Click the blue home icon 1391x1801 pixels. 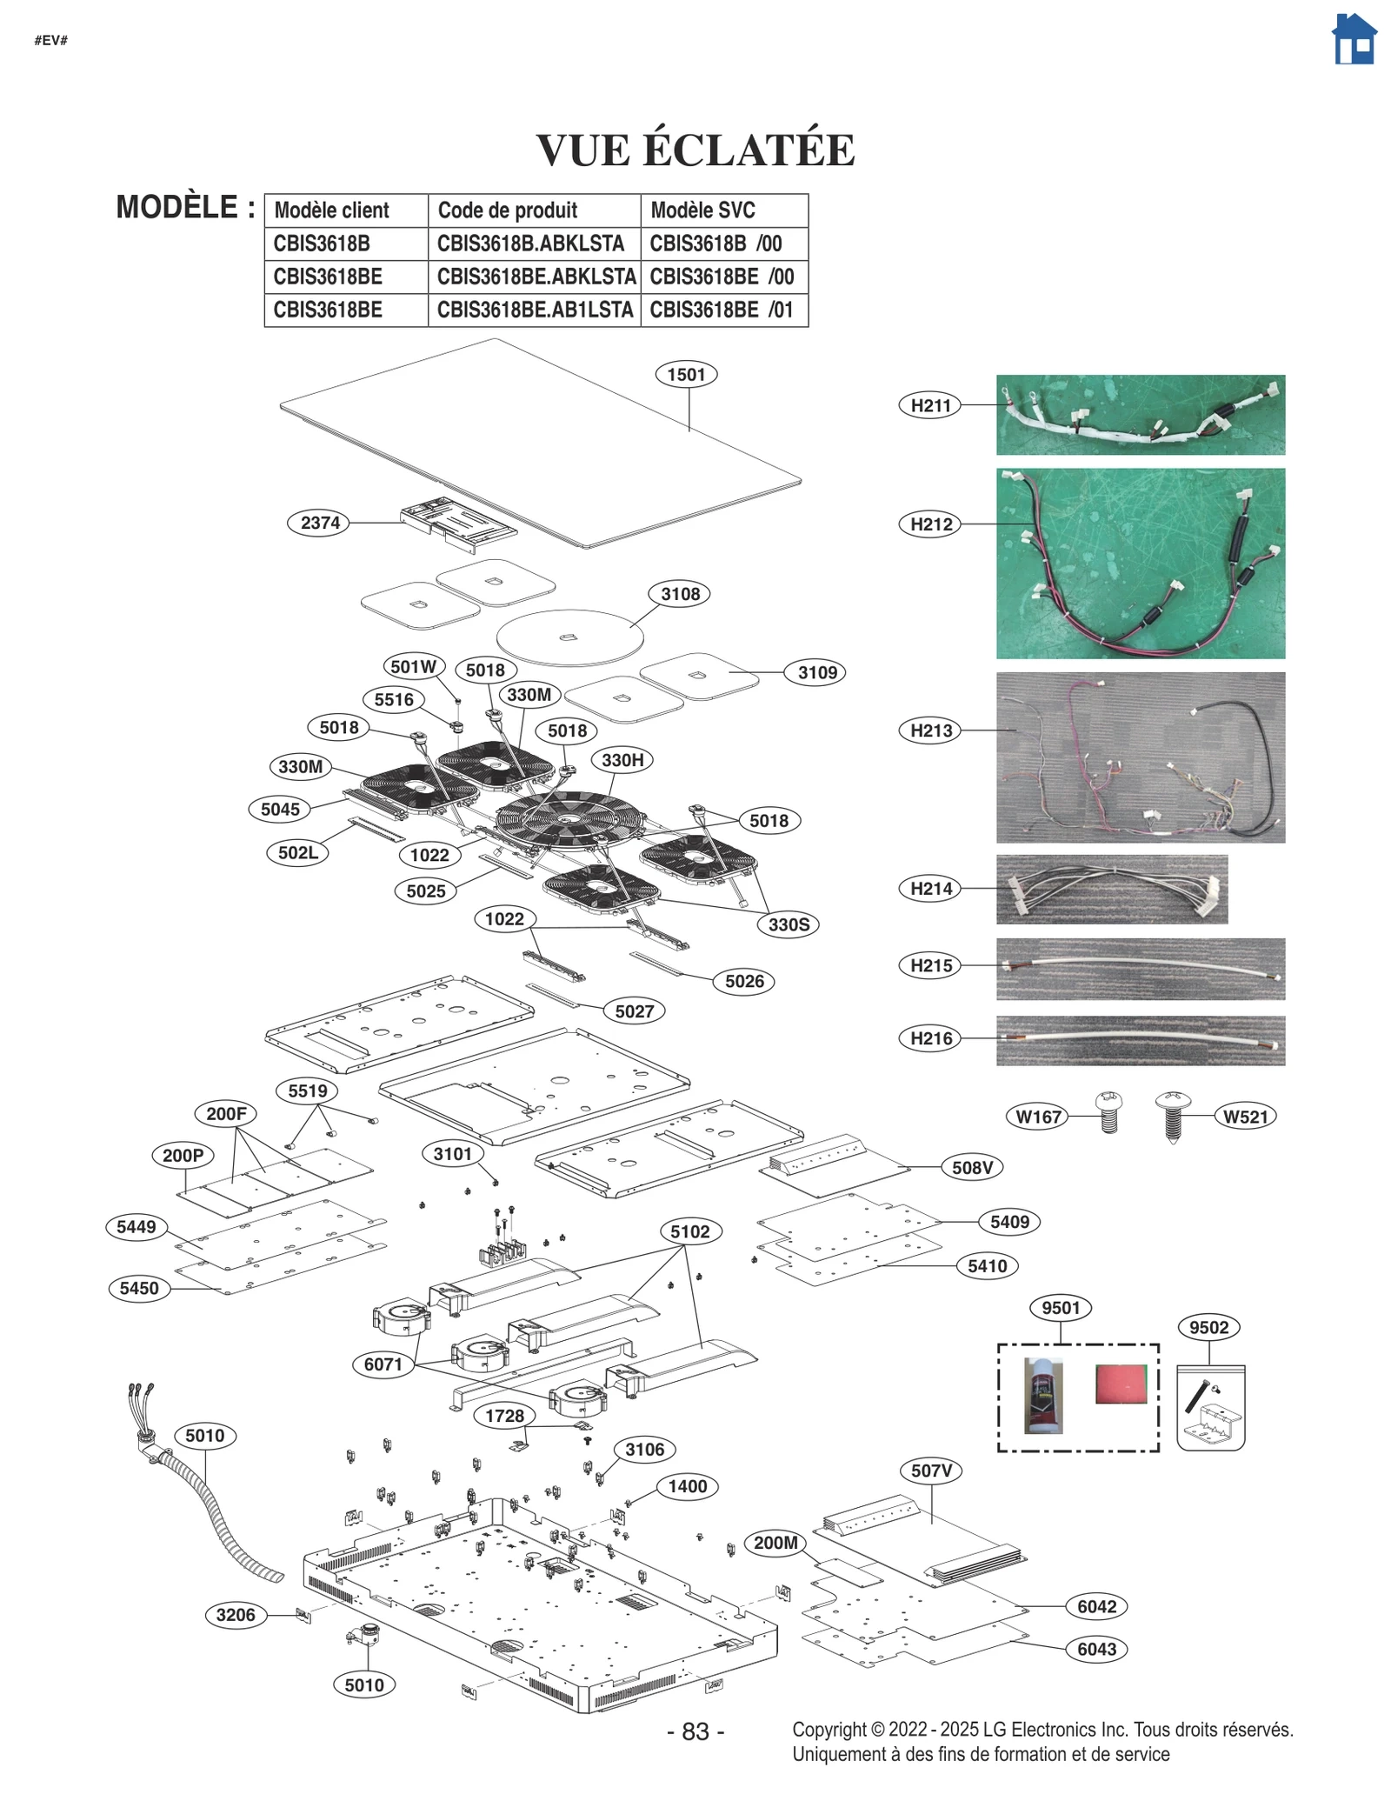[x=1354, y=39]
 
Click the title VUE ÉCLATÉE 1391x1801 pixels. [x=695, y=150]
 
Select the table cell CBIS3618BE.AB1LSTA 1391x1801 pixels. [x=534, y=310]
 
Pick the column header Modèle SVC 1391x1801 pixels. [x=702, y=210]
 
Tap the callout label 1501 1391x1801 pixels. [x=686, y=375]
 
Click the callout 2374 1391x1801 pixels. [x=320, y=523]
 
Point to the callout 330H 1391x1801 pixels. [x=622, y=760]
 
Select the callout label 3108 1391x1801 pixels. [x=680, y=594]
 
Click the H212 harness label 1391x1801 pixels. [x=930, y=524]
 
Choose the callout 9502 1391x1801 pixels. [x=1208, y=1328]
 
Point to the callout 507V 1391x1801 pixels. [x=932, y=1471]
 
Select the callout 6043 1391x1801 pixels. [x=1096, y=1650]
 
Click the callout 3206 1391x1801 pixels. [x=236, y=1615]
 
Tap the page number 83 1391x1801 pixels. [x=695, y=1731]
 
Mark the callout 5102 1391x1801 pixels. [x=689, y=1231]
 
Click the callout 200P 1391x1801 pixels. [x=183, y=1156]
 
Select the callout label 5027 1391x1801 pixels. [x=634, y=1011]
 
